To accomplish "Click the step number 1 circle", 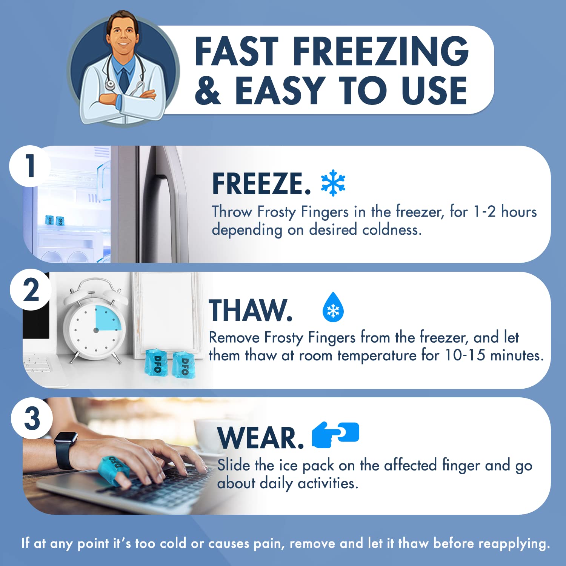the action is click(30, 166).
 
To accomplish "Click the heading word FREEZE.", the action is click(261, 184).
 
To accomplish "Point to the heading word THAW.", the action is click(251, 310).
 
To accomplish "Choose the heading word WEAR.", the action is click(261, 438).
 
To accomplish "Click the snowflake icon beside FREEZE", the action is click(333, 183).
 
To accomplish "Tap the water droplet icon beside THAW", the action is click(333, 308).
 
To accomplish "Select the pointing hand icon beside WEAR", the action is click(335, 435).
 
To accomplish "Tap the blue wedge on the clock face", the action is click(108, 318).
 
